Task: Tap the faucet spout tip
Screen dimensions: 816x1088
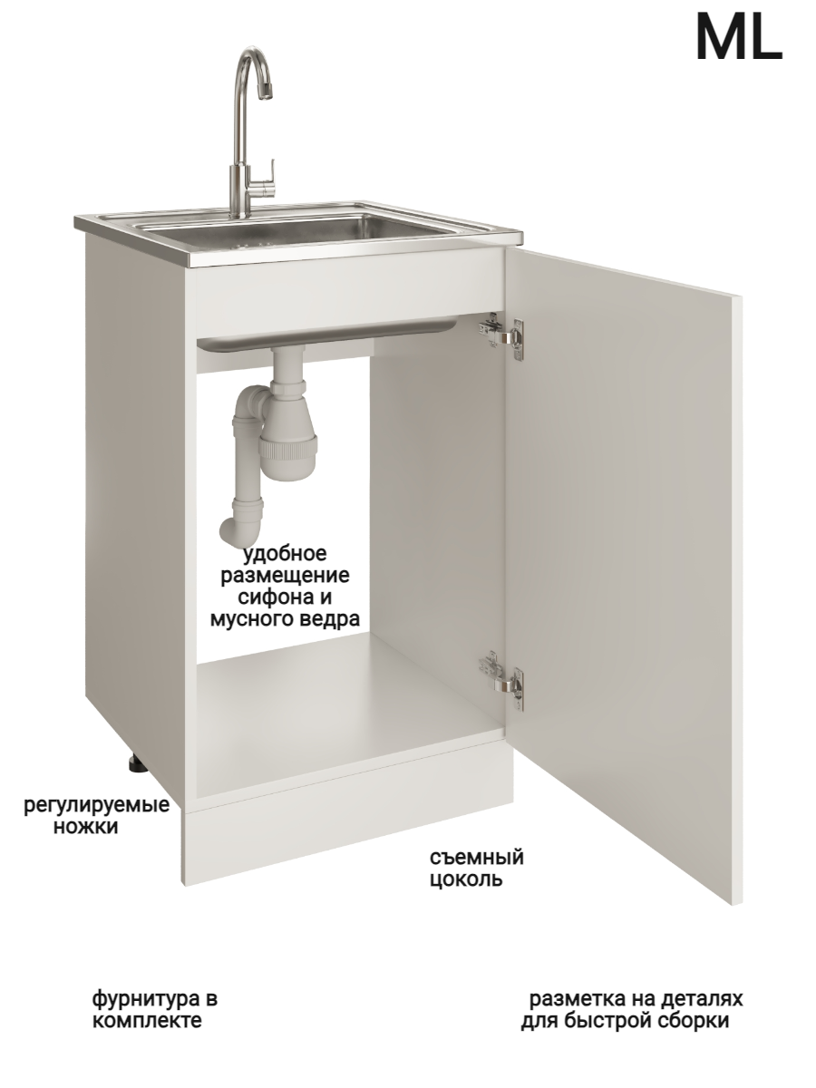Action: click(x=267, y=90)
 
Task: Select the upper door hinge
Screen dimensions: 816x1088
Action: click(x=501, y=336)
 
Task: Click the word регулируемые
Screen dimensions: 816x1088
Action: click(x=97, y=805)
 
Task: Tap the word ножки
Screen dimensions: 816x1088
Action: click(x=86, y=827)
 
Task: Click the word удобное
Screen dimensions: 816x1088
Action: click(x=285, y=554)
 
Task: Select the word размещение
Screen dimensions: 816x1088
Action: click(x=285, y=577)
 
